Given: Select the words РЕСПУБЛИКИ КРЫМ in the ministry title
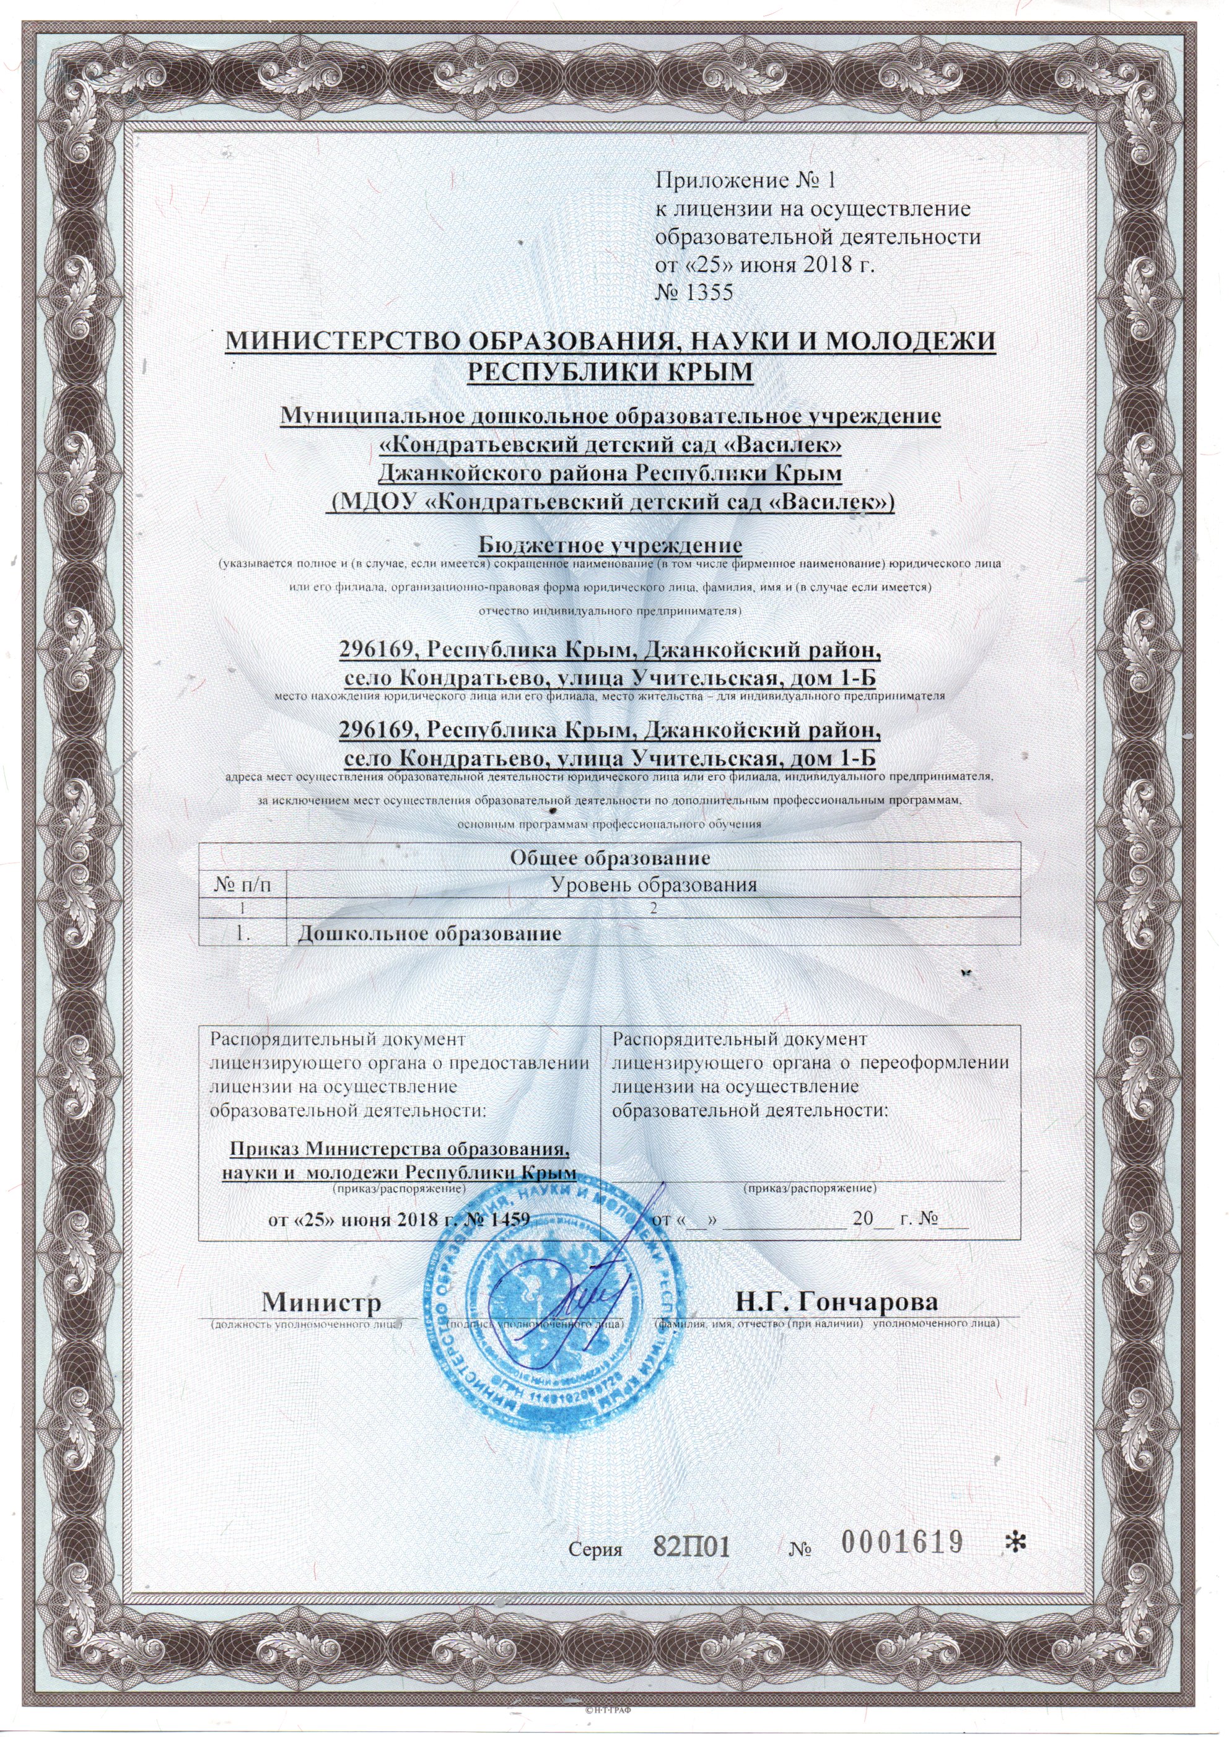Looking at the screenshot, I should click(x=611, y=372).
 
